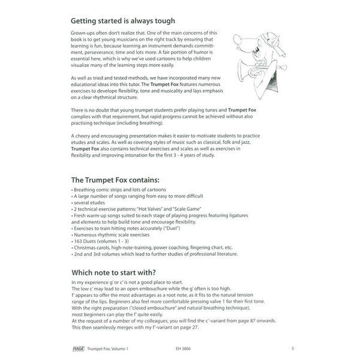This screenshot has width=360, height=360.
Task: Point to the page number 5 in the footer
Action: (x=292, y=348)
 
